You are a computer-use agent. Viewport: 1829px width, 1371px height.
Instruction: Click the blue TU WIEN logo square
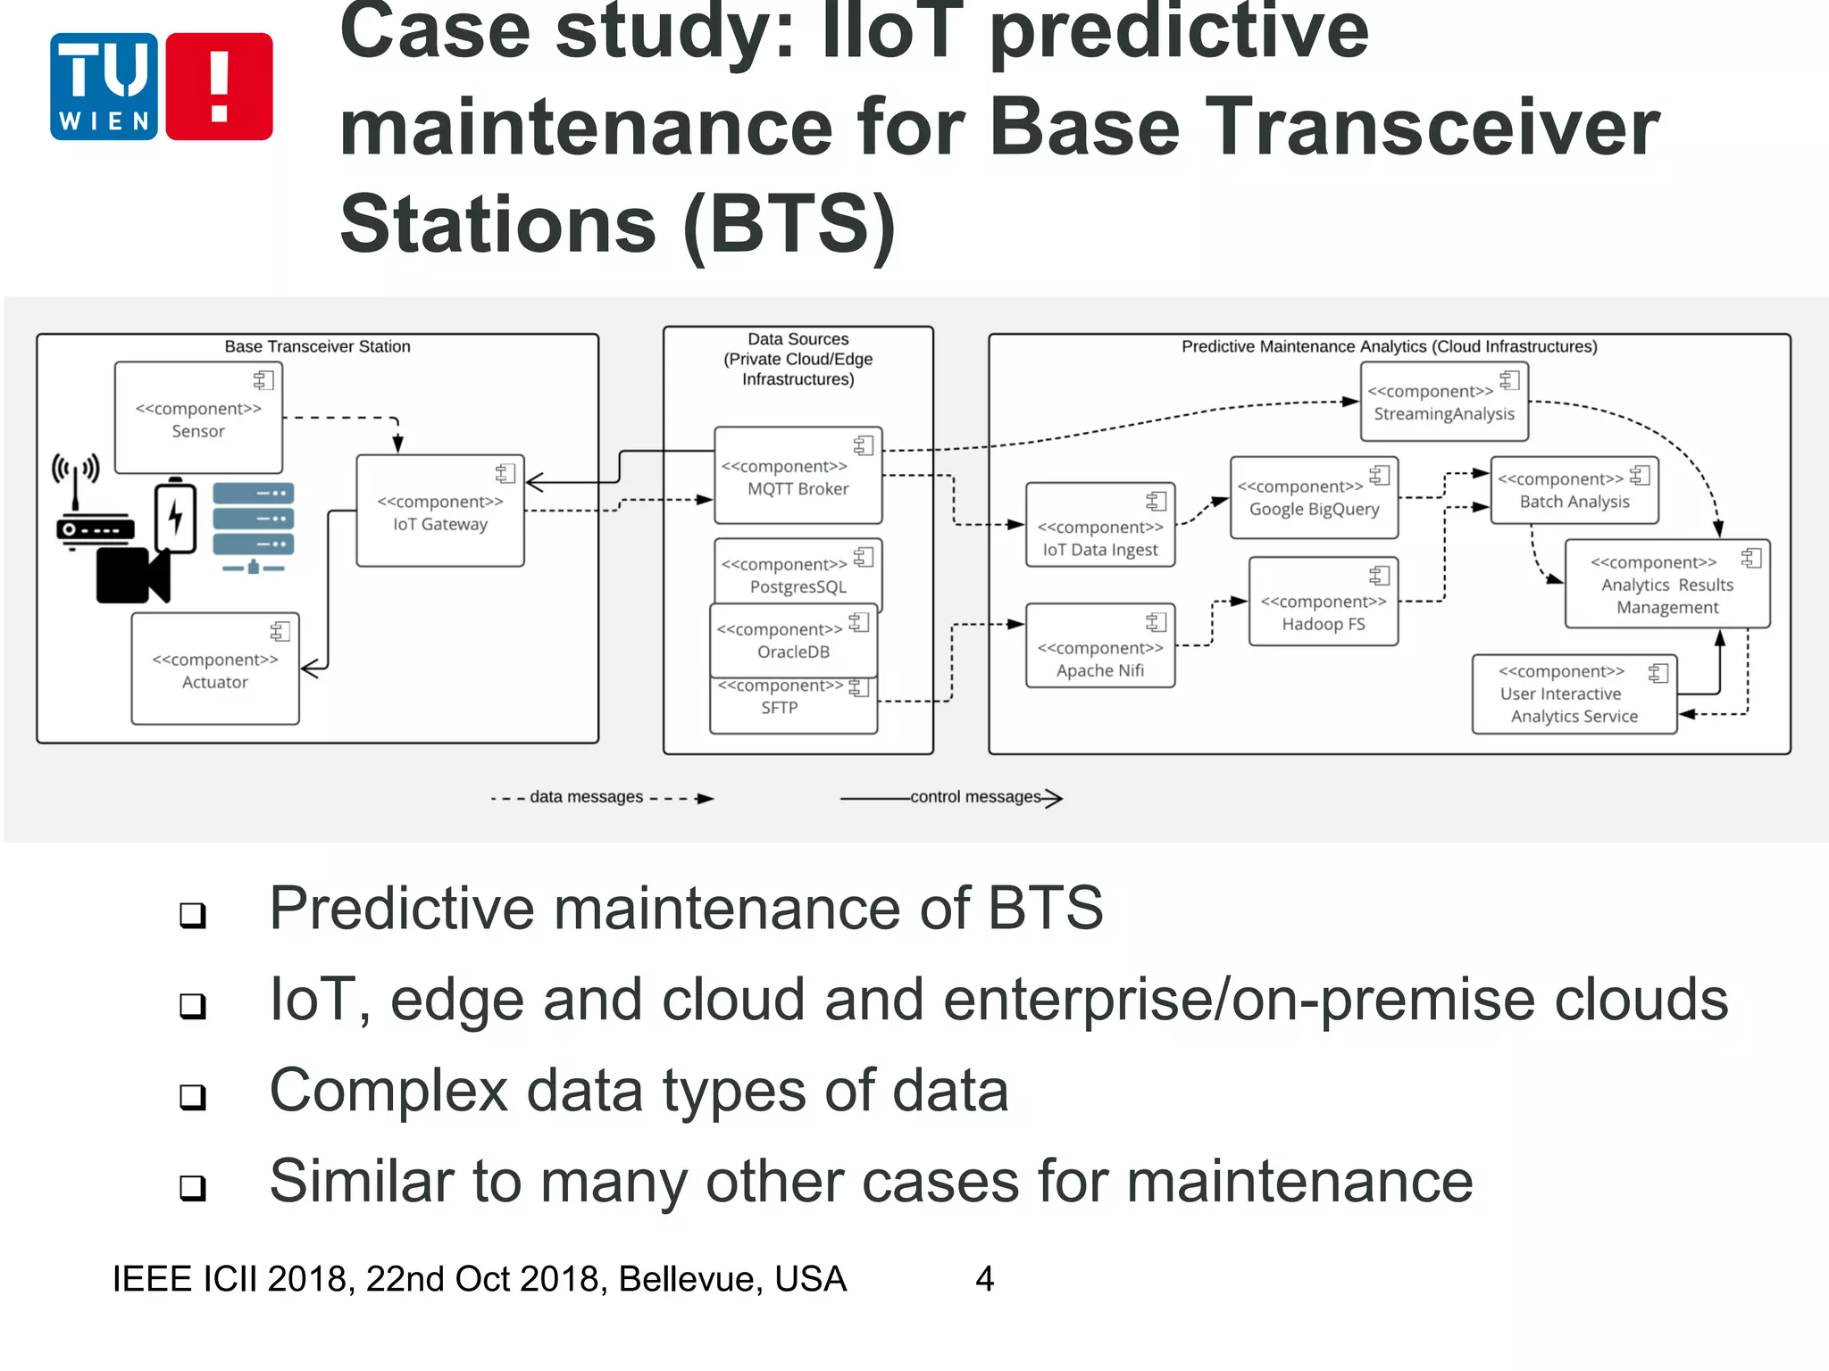click(104, 87)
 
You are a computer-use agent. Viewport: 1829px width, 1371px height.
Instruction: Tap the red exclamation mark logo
click(219, 87)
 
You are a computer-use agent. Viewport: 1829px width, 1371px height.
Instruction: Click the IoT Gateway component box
click(439, 511)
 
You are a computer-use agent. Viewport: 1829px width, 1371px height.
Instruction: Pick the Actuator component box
click(214, 669)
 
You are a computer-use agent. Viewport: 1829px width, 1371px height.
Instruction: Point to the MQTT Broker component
click(798, 476)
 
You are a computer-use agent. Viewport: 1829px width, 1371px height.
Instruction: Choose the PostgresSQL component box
click(798, 573)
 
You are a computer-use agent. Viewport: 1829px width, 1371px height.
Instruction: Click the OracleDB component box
click(793, 641)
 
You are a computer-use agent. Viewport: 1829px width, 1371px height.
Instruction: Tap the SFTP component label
click(780, 709)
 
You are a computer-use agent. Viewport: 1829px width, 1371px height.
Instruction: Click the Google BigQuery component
click(1314, 498)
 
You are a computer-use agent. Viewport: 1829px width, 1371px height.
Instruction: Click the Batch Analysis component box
click(1574, 491)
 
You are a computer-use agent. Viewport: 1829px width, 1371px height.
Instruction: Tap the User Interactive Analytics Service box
click(1574, 694)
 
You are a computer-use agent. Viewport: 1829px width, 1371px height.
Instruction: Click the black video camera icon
click(132, 576)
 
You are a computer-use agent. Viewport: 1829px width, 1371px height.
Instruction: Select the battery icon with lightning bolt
click(176, 517)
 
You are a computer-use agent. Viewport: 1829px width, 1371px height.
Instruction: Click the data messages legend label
click(586, 797)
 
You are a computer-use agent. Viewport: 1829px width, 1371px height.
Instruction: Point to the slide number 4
click(984, 1279)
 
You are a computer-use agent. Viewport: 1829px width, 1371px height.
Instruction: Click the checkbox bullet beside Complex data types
click(193, 1096)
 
